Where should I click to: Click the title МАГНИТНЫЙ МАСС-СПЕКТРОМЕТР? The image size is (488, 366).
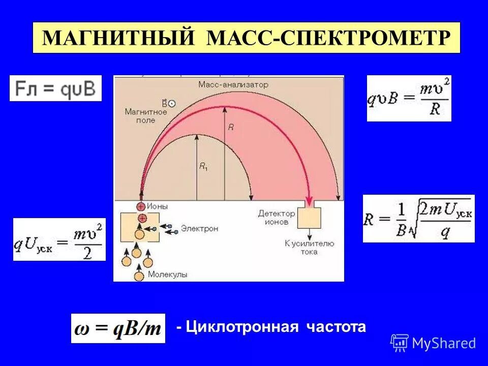(247, 38)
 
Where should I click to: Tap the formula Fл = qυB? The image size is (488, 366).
(55, 88)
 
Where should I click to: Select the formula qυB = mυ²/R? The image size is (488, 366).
(409, 99)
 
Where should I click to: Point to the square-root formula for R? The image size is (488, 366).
(418, 219)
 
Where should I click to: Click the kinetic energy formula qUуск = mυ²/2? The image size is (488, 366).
(59, 239)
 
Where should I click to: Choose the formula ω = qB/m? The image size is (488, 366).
(118, 328)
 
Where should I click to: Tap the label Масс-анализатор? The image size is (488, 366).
(226, 84)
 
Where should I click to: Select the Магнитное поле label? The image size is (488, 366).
(145, 116)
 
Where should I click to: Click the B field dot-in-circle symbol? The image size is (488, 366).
(172, 103)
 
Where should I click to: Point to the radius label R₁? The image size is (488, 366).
(203, 166)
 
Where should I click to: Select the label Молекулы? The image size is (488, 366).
(168, 274)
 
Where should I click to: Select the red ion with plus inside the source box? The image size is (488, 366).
(142, 218)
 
